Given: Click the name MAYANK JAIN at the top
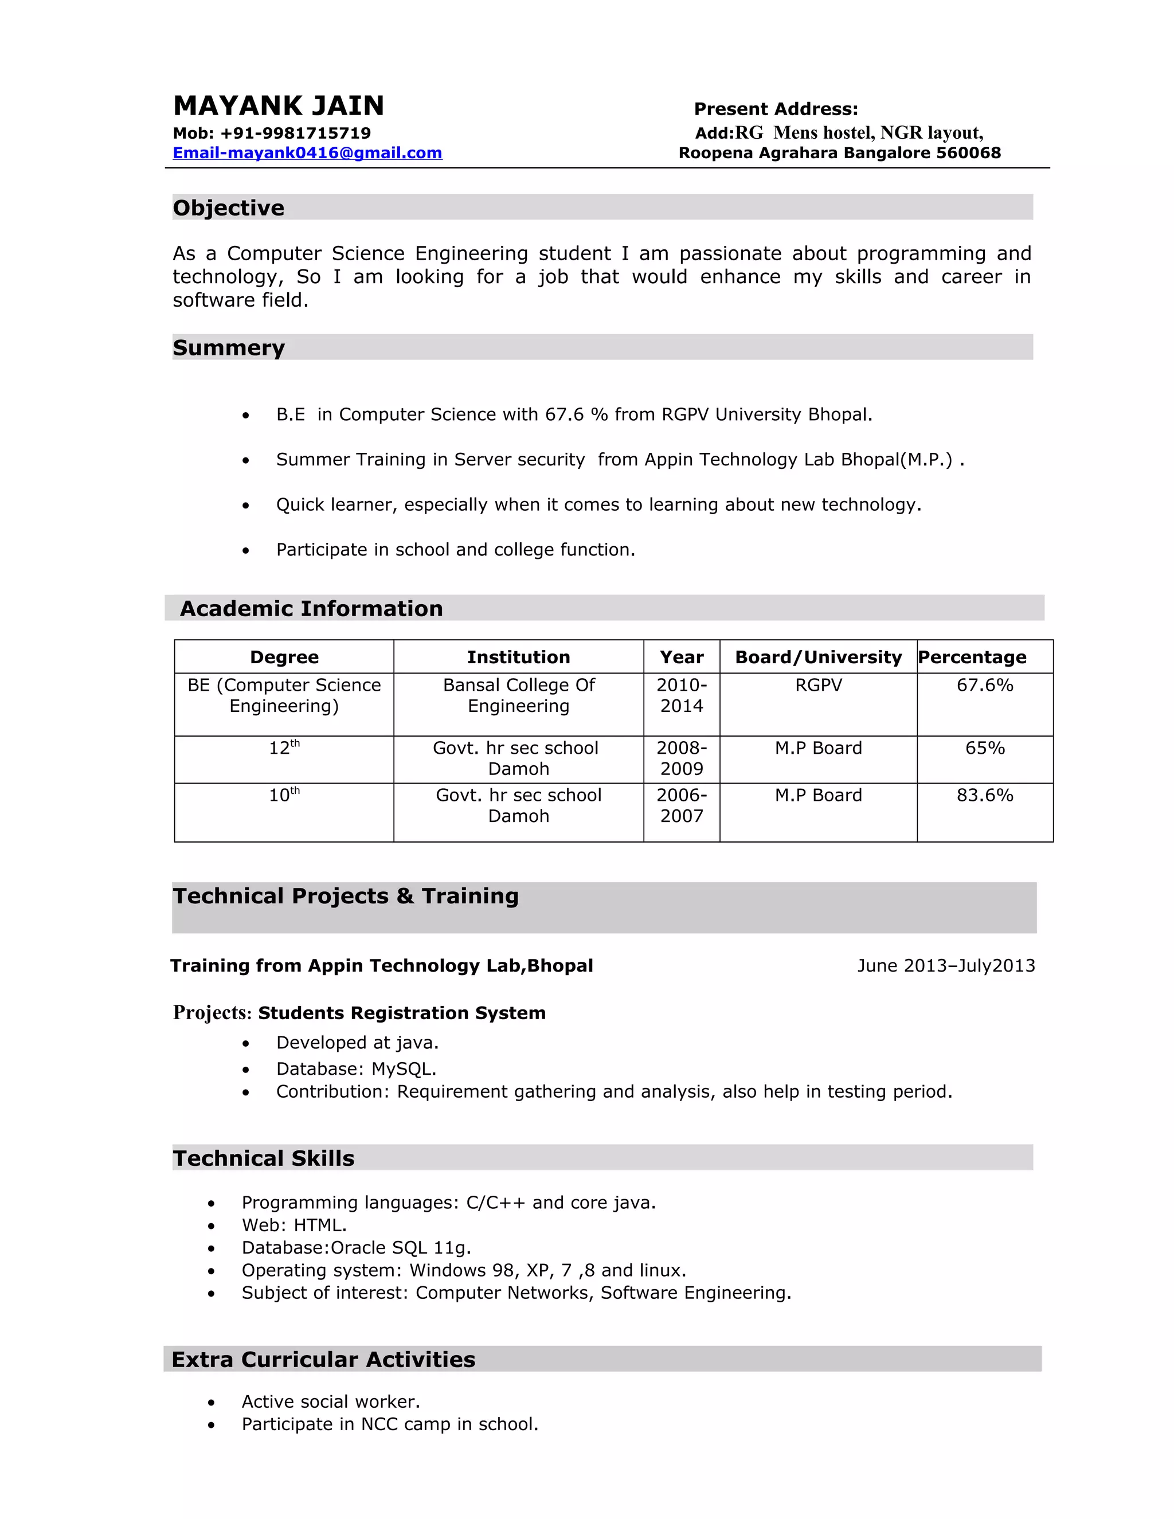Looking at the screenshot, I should click(278, 105).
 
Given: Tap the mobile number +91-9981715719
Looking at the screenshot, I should click(296, 133).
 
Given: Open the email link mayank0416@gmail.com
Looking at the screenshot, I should click(307, 153).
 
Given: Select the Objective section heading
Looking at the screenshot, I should click(228, 208).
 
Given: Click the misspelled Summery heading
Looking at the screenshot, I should click(228, 348).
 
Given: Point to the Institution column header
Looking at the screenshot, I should click(518, 657).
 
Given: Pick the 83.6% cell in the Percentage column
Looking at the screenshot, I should click(984, 795).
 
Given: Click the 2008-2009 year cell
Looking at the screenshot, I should click(682, 758).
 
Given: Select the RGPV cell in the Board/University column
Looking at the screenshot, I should click(818, 685).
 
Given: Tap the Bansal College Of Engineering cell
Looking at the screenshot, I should click(518, 695).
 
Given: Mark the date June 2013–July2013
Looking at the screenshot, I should click(946, 965).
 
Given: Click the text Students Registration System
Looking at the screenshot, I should click(401, 1013).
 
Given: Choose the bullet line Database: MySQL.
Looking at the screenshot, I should click(356, 1069).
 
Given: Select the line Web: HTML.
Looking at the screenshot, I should click(293, 1225).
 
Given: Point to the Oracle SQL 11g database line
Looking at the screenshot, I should click(356, 1248).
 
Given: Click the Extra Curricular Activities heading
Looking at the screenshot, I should click(323, 1359).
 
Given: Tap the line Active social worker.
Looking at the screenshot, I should click(330, 1401).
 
